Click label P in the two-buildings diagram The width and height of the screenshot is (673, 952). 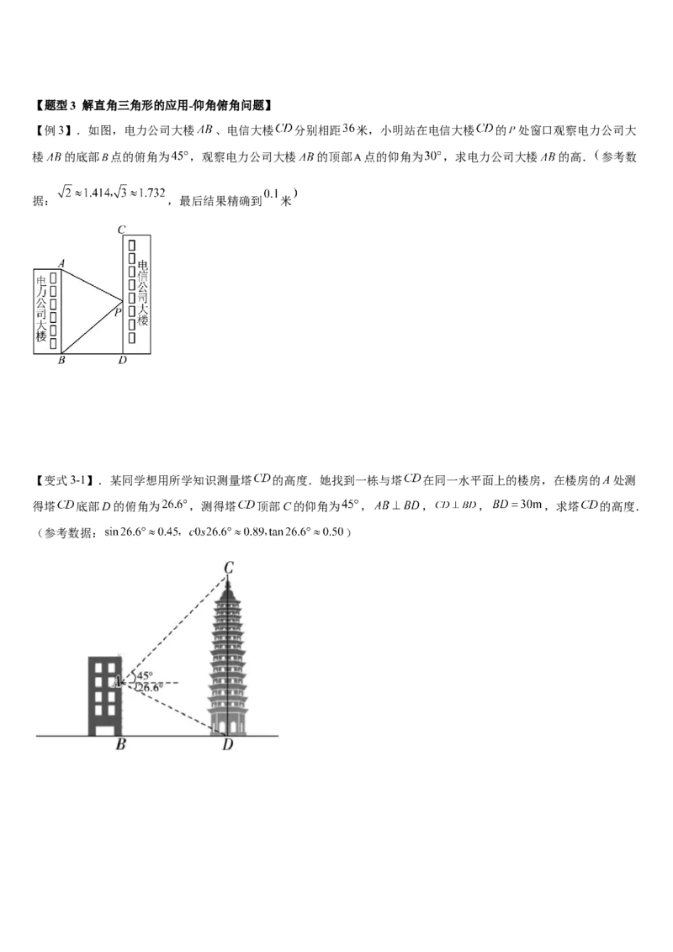pos(118,311)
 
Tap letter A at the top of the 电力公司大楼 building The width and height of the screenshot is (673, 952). pos(61,262)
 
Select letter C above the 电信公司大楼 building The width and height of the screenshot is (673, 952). pos(121,229)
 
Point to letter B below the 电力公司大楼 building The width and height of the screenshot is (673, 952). pos(61,361)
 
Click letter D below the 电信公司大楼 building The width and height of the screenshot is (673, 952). pos(123,361)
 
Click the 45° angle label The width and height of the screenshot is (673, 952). pos(144,675)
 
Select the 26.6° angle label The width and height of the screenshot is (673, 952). pos(148,688)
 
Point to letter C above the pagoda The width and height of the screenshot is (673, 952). pos(228,568)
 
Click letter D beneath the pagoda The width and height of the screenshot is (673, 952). pos(227,745)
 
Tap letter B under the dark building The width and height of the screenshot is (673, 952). pos(121,744)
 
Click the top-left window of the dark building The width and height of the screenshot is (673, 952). pos(97,668)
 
